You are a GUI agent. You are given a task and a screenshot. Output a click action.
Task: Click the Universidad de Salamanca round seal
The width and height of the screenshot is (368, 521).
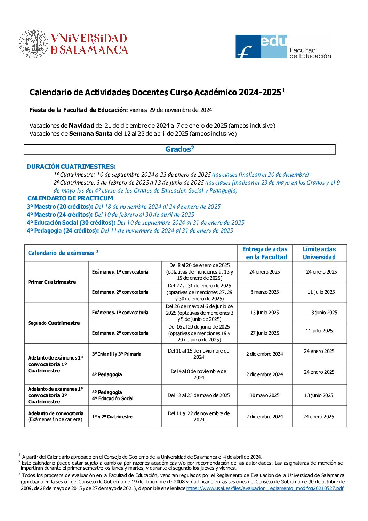(33, 44)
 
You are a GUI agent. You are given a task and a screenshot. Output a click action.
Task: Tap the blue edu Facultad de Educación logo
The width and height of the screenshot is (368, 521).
(261, 46)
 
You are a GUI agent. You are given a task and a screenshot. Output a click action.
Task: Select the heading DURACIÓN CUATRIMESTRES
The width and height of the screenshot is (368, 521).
(71, 167)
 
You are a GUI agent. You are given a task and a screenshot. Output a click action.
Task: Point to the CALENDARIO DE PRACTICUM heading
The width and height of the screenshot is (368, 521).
(70, 198)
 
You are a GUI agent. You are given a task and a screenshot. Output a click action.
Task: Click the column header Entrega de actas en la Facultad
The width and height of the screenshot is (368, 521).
(265, 253)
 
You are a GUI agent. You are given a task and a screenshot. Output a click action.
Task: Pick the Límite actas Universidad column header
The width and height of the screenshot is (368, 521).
(319, 253)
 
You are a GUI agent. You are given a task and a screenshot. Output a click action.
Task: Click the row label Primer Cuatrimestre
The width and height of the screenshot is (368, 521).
(52, 282)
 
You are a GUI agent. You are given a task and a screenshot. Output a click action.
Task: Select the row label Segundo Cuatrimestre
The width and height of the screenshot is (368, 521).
(54, 323)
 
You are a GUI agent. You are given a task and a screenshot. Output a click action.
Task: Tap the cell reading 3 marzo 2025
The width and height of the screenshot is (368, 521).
(264, 292)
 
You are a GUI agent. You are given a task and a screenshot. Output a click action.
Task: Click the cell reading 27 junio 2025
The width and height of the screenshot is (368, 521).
(265, 333)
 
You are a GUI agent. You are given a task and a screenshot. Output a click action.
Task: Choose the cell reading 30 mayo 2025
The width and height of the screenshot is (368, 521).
(264, 395)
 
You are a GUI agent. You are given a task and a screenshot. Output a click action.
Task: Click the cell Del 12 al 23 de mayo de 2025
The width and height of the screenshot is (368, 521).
(199, 395)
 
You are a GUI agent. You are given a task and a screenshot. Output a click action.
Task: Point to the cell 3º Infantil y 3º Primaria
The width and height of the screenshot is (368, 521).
(117, 354)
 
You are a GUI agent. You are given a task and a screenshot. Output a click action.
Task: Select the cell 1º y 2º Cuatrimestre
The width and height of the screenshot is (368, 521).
(112, 417)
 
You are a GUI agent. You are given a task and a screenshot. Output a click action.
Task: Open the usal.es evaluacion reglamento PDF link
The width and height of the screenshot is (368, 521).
(265, 488)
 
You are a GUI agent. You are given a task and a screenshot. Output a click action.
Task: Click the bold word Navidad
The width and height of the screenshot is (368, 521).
(81, 126)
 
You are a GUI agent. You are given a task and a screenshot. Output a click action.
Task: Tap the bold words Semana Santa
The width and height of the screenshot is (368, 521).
(91, 134)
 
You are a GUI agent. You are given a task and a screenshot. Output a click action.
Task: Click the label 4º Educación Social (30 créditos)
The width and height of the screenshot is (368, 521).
(71, 223)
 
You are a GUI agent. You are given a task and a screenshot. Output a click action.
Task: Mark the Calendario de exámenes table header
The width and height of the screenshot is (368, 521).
(63, 253)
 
